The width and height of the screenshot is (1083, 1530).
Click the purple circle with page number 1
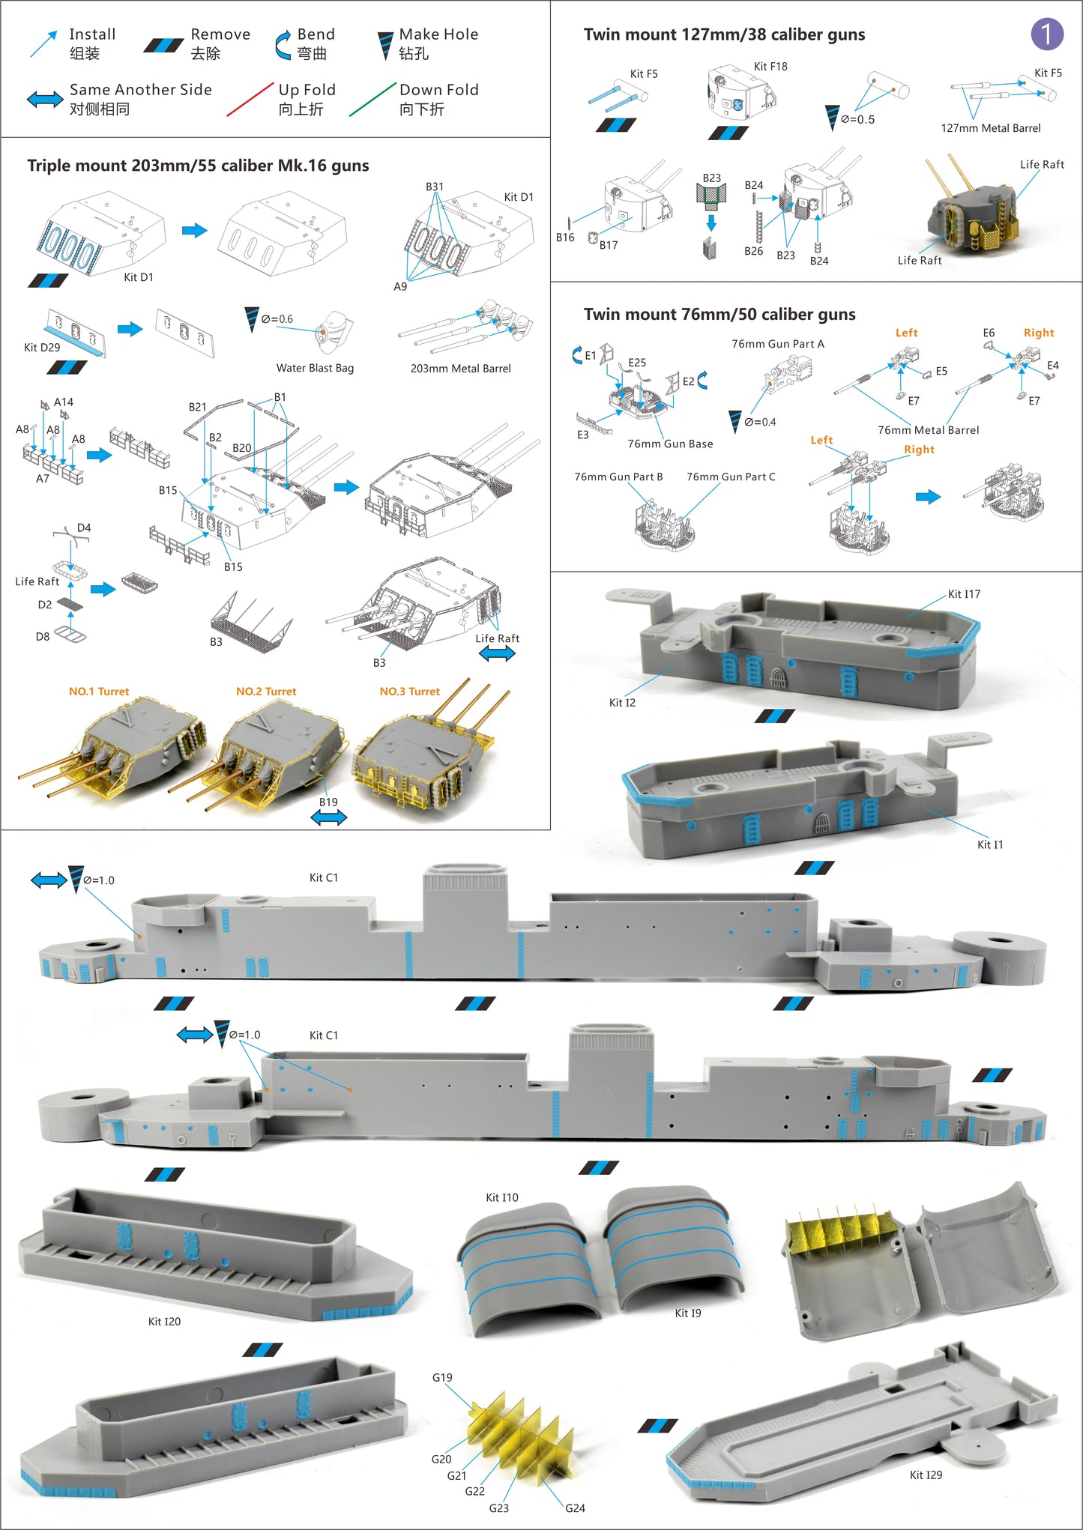1046,34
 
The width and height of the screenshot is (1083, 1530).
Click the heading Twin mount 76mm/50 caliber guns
719,315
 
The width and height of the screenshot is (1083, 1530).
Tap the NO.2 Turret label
266,692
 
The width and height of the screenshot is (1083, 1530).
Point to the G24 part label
575,1508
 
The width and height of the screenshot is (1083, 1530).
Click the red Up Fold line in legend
250,100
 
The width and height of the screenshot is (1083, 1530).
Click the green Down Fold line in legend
372,100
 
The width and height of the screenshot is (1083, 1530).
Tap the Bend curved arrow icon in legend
283,44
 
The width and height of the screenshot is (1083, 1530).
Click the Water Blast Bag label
315,368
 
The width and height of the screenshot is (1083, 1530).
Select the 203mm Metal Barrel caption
460,369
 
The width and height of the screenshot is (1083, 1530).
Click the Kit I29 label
926,1475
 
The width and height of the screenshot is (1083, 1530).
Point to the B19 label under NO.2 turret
328,802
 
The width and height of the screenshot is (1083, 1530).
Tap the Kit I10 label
501,1197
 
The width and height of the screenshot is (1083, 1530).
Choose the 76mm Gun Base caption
670,444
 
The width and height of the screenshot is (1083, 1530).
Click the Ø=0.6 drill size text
277,319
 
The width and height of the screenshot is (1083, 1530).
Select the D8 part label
43,637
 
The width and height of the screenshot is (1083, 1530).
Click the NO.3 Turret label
409,692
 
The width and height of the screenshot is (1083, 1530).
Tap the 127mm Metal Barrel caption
990,128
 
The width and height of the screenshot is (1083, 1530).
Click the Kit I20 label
164,1321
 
